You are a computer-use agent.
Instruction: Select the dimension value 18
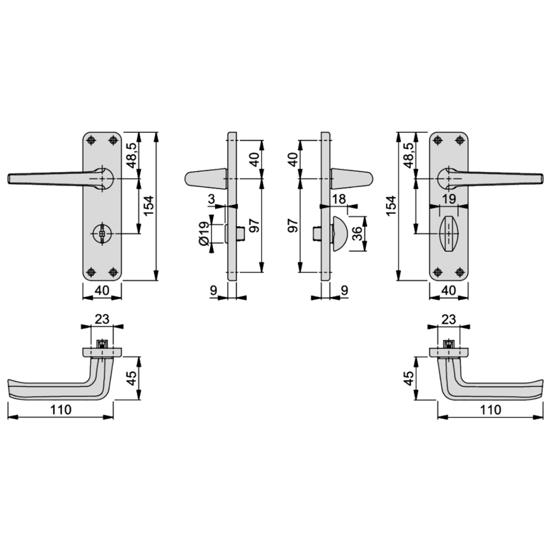point(340,199)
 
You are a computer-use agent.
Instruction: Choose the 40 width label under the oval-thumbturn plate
point(449,290)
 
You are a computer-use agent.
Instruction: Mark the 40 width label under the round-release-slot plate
point(102,290)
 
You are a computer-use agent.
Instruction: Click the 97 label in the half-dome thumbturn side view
point(293,226)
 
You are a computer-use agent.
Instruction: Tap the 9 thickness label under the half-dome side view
point(344,290)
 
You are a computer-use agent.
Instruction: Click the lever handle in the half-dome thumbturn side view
point(353,179)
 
